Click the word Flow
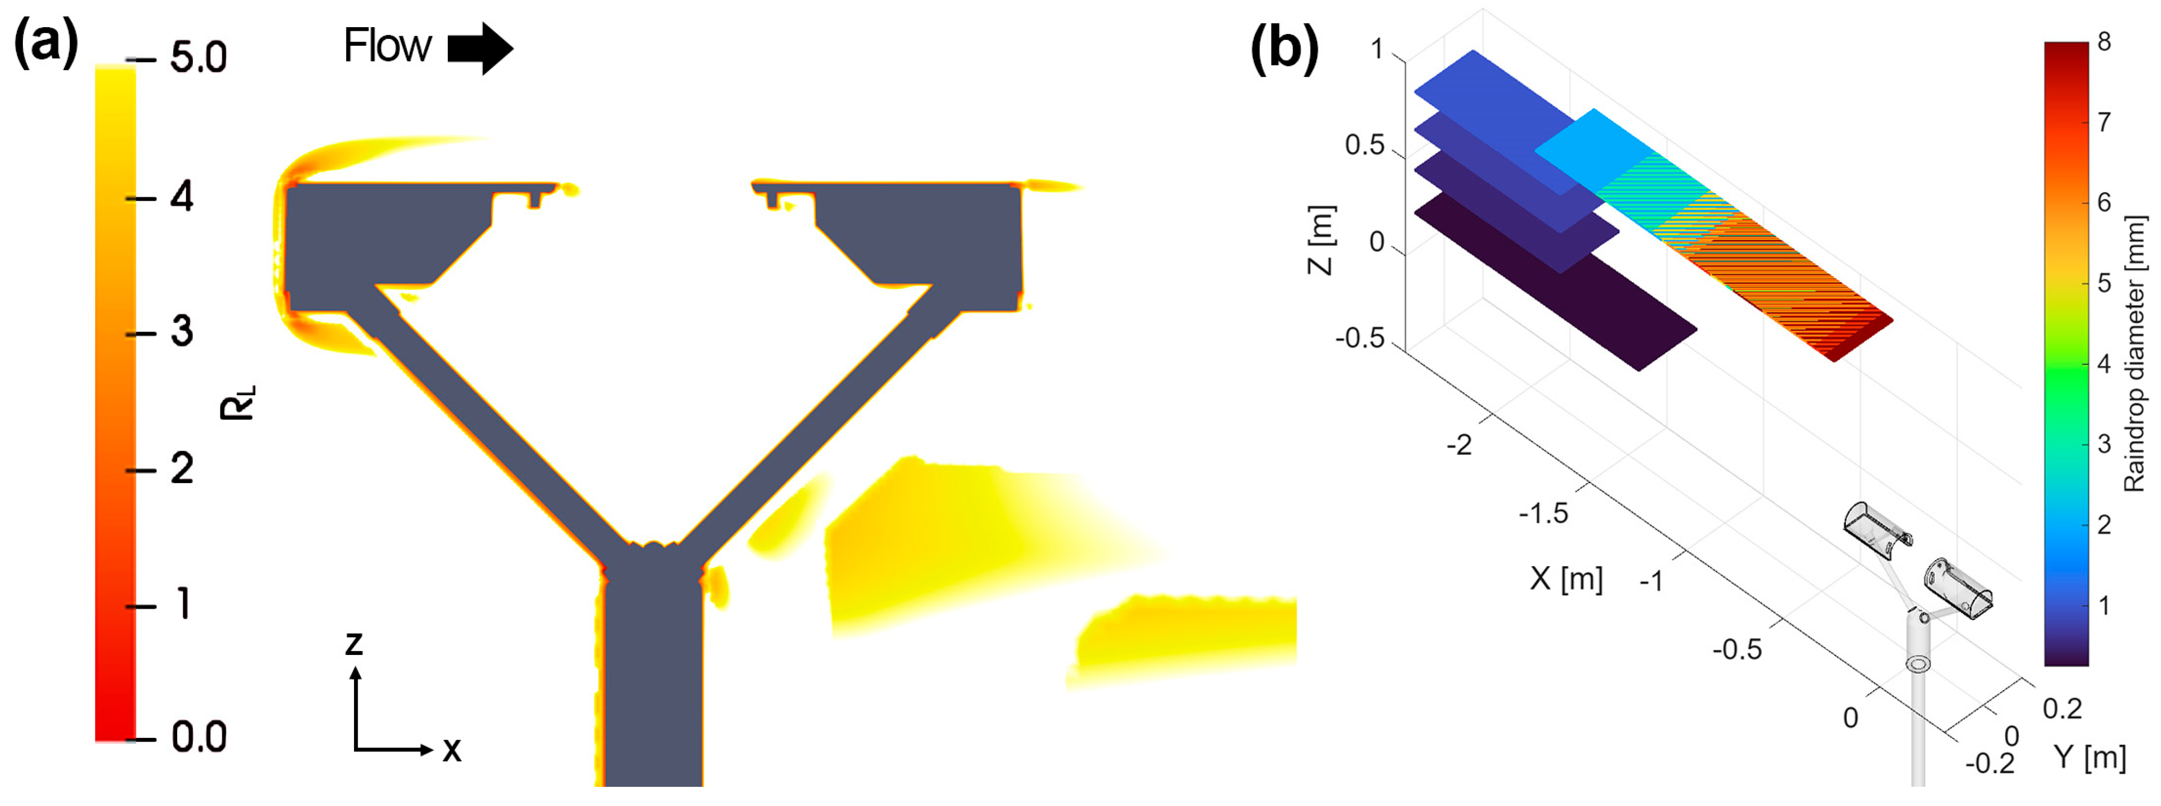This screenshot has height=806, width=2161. [388, 46]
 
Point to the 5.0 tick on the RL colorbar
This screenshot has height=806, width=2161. [198, 59]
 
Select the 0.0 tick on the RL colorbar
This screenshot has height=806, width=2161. [199, 738]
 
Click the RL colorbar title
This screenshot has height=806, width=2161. [238, 403]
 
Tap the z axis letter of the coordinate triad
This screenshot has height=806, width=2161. [354, 643]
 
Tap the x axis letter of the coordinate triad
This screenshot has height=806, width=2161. [452, 749]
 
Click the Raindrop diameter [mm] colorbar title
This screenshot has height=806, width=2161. [2135, 352]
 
